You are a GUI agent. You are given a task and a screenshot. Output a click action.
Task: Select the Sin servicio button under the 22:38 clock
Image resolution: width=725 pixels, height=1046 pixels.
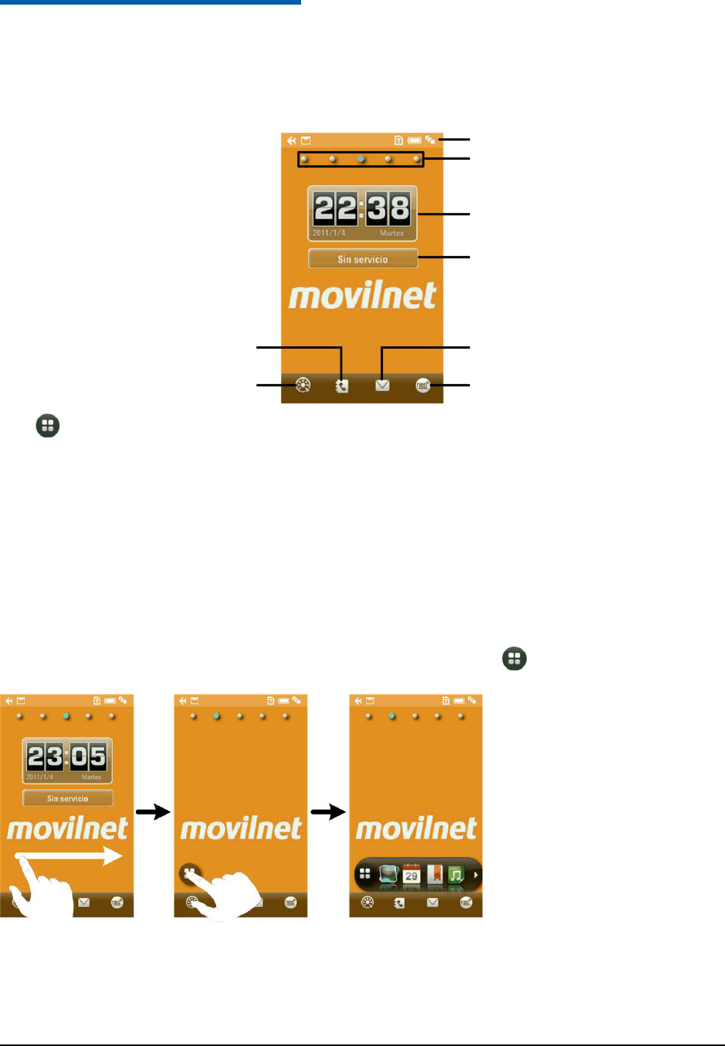(x=363, y=259)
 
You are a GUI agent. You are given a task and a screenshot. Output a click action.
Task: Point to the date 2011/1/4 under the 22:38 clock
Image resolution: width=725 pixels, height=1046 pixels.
(x=329, y=233)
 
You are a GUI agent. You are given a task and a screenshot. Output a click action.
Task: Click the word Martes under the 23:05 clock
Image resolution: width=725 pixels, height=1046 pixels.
(x=91, y=777)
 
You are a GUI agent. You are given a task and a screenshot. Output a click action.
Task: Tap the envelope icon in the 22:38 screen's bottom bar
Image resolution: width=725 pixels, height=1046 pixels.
(x=382, y=385)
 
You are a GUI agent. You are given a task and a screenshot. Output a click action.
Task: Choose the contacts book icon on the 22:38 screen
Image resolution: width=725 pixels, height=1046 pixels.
(x=342, y=386)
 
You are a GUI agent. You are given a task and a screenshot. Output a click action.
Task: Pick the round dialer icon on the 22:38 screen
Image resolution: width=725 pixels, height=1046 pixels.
(x=303, y=385)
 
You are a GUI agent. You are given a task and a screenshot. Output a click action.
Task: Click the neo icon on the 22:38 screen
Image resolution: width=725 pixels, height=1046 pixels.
(x=423, y=385)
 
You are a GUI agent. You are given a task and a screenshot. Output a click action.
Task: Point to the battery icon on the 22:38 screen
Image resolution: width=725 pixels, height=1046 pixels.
(x=415, y=140)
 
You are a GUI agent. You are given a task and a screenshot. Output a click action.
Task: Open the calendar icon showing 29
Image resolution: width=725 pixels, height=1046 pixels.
(x=412, y=875)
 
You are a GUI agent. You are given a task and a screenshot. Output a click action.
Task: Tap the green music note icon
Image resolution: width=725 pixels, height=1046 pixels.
(x=456, y=875)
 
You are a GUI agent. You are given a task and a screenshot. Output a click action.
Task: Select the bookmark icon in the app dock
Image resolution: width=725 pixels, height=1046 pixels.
(x=435, y=875)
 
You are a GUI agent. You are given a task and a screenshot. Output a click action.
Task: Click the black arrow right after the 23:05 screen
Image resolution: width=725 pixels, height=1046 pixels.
(x=153, y=811)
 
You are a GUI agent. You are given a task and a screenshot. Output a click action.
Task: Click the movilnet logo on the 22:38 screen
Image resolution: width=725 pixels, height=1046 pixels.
(x=362, y=296)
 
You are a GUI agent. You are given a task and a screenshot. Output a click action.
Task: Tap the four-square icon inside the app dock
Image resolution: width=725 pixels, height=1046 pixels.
(x=366, y=875)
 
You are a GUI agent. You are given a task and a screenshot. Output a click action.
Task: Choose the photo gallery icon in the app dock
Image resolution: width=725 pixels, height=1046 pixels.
(x=388, y=875)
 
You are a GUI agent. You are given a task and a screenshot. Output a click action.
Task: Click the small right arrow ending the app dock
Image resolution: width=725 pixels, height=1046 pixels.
(x=476, y=875)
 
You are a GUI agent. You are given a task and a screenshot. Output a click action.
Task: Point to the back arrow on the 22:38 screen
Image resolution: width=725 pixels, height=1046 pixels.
(x=291, y=140)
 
